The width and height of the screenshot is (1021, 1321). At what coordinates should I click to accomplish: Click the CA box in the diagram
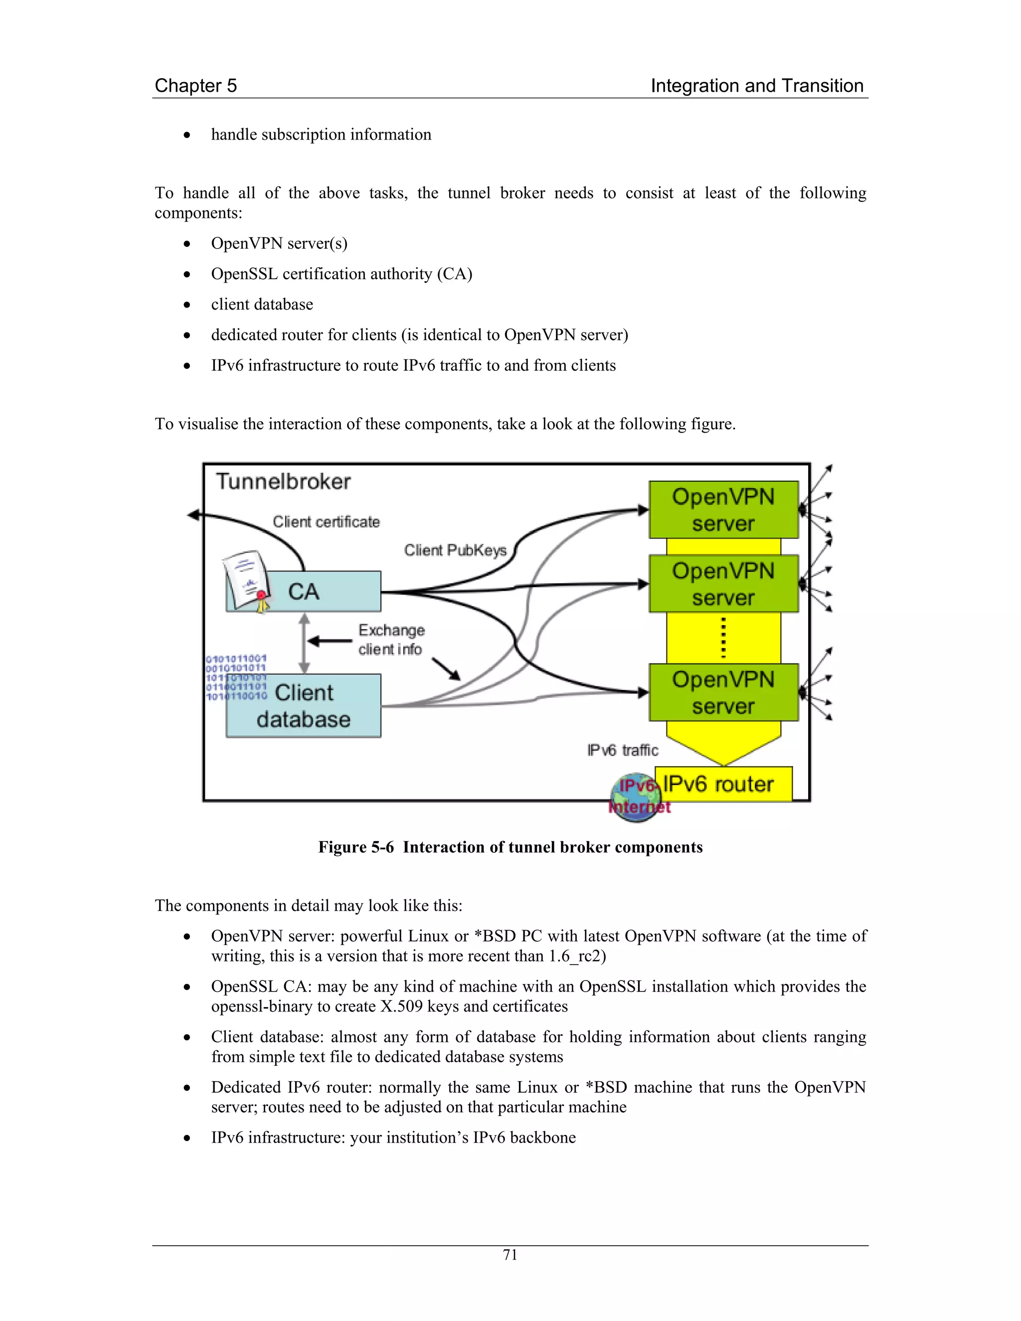321,591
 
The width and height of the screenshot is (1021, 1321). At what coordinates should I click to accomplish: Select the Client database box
304,706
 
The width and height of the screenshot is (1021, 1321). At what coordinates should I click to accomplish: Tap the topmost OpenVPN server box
723,510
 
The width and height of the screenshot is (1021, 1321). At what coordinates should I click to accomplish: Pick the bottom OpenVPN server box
723,692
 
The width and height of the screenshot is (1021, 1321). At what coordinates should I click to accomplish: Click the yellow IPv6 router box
726,784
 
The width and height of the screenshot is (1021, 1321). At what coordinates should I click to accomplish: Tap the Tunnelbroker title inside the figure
283,482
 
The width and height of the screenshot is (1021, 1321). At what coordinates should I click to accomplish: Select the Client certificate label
326,522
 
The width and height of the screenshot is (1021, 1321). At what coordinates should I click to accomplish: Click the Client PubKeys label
455,550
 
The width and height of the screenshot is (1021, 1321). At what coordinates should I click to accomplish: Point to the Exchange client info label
391,640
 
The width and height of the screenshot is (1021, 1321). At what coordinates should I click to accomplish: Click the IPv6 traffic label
622,751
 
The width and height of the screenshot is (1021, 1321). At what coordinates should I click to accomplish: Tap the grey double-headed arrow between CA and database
304,643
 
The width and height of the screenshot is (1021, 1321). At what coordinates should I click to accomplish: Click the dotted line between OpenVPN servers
723,638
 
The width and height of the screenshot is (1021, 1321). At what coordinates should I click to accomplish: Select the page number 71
510,1255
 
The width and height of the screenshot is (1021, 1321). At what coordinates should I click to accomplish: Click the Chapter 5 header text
195,86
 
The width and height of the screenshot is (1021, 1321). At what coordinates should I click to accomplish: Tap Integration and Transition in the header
757,86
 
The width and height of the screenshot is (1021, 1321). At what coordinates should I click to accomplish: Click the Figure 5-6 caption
510,847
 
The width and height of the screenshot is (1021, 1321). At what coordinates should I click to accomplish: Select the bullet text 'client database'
262,304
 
